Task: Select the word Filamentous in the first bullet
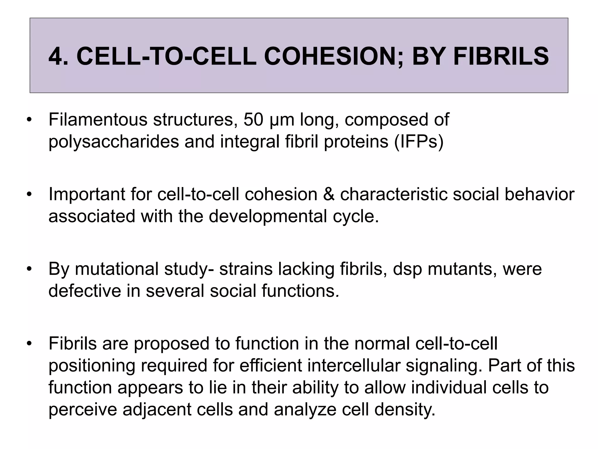coord(98,120)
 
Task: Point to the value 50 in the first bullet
coord(253,120)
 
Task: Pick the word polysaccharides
coord(114,142)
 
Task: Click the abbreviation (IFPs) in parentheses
coord(419,142)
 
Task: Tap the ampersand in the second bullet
coord(328,194)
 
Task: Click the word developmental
coord(268,216)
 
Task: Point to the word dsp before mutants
coord(407,269)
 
